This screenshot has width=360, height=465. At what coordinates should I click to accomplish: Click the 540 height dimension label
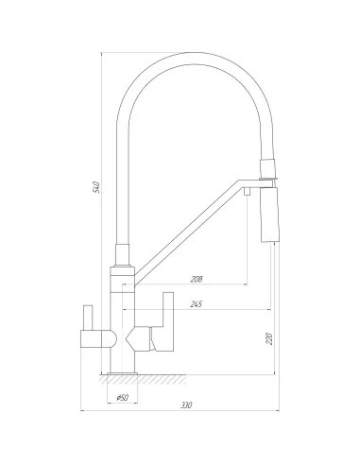97,187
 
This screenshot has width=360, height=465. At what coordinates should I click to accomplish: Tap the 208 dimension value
197,279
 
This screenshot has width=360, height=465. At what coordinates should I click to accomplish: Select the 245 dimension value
197,304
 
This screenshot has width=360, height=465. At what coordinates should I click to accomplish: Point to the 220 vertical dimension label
269,338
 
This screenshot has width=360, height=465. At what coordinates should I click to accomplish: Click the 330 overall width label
186,405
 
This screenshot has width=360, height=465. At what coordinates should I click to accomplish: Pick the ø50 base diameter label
123,398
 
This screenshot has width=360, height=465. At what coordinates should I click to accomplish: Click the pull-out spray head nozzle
270,215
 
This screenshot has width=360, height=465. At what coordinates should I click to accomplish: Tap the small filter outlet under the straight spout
248,191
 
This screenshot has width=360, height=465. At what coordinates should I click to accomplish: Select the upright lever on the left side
88,318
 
